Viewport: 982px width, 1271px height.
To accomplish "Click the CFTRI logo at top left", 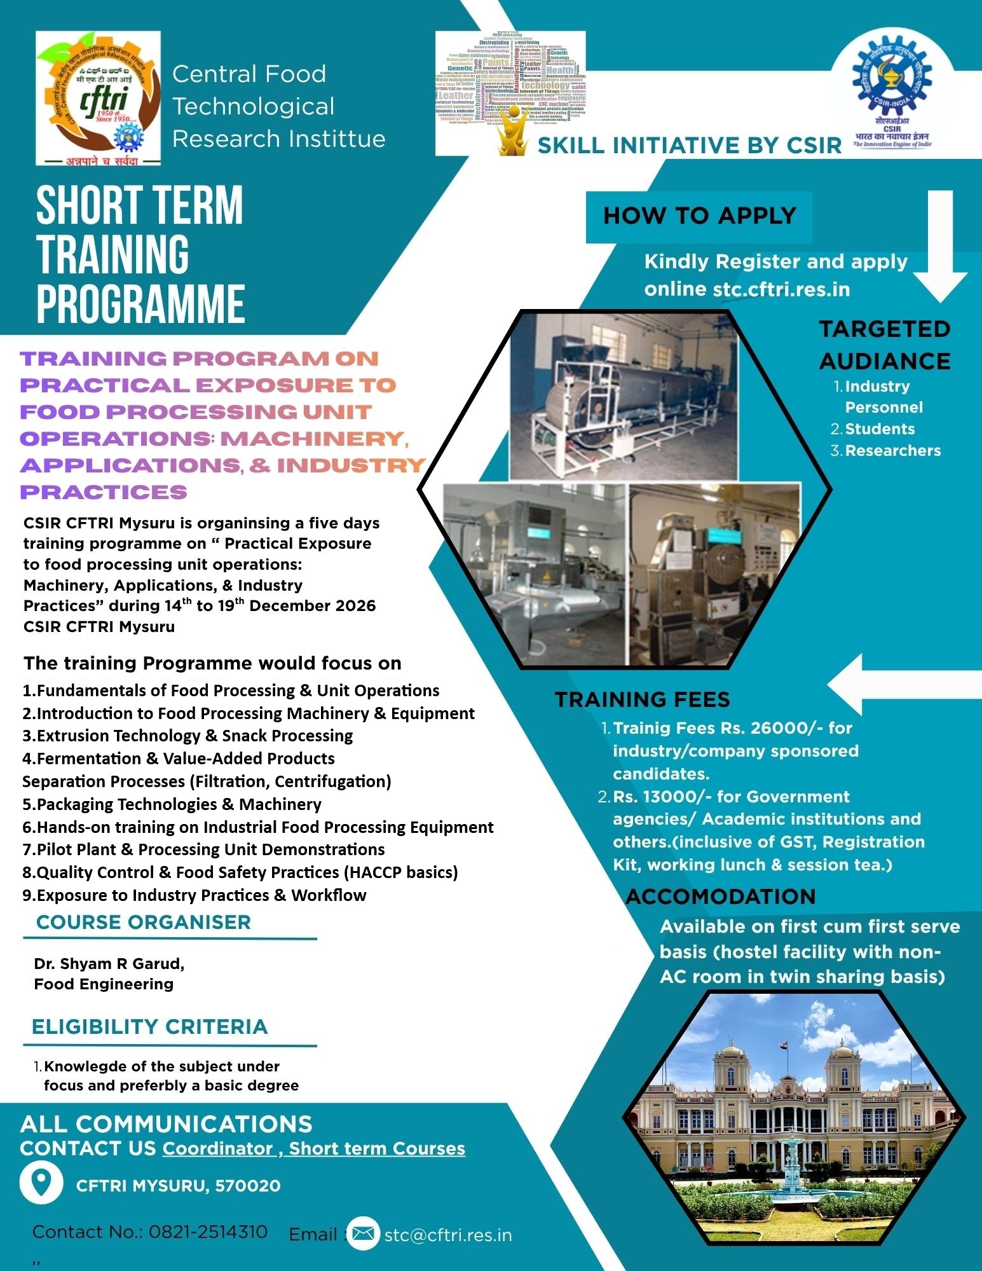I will [x=98, y=98].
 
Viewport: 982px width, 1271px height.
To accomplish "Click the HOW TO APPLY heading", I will [x=699, y=216].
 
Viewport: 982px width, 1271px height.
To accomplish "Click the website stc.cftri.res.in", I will [x=781, y=289].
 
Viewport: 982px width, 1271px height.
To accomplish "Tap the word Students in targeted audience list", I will [x=880, y=429].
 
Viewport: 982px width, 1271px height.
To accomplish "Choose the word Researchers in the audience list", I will [x=892, y=451].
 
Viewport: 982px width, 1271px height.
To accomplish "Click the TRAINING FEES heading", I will [x=642, y=700].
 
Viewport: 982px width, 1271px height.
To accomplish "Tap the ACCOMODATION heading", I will [x=720, y=897].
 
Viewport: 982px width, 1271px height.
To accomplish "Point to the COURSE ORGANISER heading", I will [x=144, y=923].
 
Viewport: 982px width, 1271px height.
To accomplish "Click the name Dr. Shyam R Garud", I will [x=109, y=964].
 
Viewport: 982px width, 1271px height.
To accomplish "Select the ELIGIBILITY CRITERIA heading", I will [x=150, y=1027].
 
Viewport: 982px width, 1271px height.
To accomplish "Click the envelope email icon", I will [x=363, y=1233].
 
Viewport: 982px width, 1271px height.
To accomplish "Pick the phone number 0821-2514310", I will [x=208, y=1232].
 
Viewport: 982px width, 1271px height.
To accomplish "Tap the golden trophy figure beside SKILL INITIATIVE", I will [x=514, y=135].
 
